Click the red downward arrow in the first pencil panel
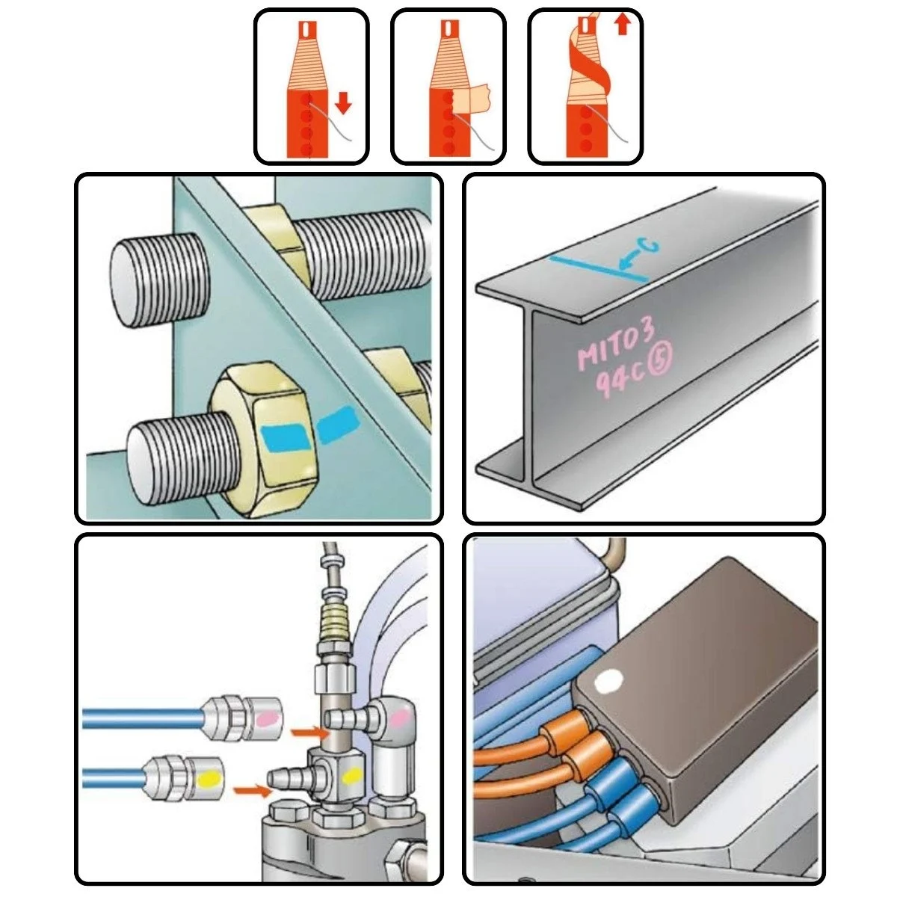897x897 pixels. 343,102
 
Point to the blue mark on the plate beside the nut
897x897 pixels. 337,424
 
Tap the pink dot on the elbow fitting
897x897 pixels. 400,719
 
